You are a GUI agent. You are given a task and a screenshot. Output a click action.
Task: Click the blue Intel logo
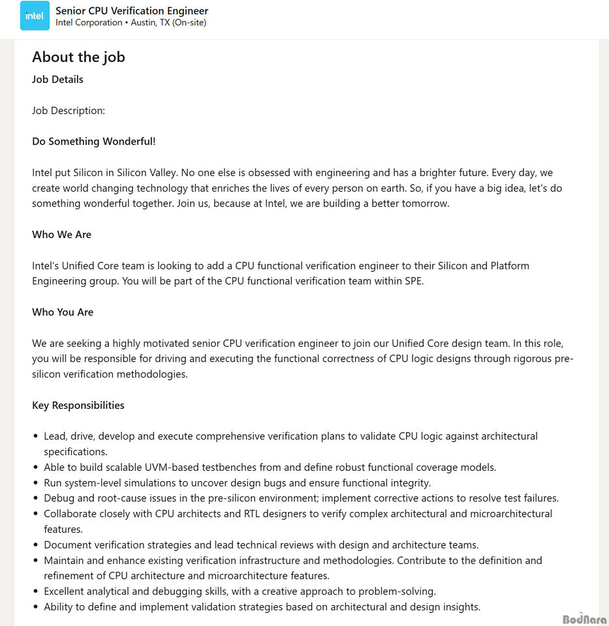coord(35,16)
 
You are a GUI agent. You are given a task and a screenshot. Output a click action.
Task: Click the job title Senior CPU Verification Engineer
coord(132,10)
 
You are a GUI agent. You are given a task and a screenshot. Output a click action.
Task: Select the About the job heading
coord(78,57)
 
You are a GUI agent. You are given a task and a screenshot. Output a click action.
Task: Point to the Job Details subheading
coord(57,80)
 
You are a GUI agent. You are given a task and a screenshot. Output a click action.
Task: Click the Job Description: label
coord(69,110)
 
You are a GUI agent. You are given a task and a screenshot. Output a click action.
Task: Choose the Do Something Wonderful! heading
coord(94,142)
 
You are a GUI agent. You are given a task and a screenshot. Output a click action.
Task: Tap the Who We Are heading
coord(61,234)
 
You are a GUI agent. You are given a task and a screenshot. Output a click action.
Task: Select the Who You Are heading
coord(63,312)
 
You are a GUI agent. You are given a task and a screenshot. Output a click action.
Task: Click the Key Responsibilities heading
coord(78,405)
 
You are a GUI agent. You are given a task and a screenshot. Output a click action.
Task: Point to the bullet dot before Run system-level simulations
coord(36,483)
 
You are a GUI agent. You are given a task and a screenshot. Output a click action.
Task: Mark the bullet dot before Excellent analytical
coord(36,591)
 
